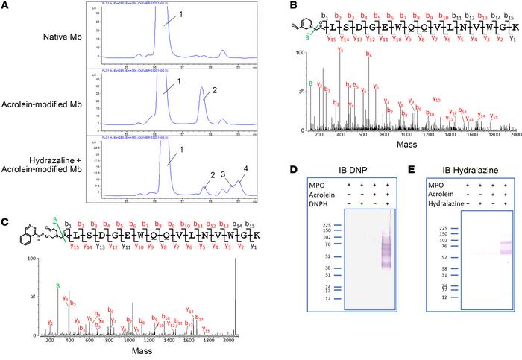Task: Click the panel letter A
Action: point(7,7)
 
